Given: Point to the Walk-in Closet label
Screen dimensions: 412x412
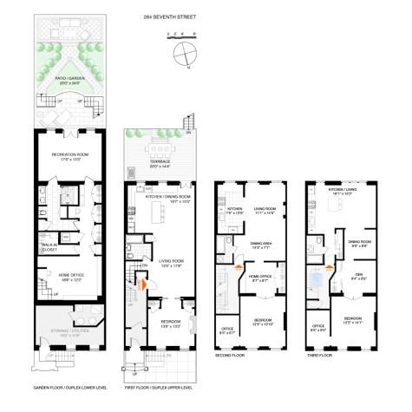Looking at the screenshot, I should [48, 245].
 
